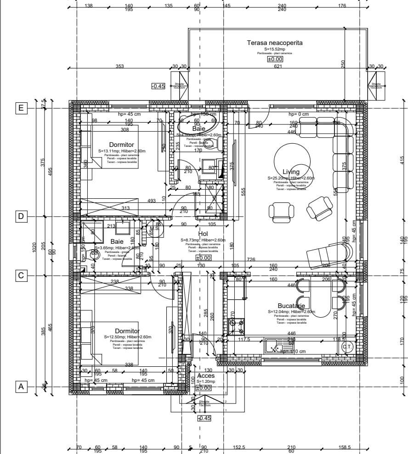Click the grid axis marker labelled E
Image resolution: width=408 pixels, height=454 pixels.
[21, 108]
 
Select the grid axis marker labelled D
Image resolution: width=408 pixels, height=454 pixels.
[21, 217]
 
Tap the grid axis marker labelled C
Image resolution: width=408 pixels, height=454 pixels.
[21, 275]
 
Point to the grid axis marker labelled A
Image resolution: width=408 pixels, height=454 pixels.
[21, 387]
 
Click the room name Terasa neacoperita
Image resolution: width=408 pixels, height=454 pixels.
[275, 43]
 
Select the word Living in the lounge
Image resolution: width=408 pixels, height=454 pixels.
[291, 172]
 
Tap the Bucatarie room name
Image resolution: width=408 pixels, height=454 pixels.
[291, 306]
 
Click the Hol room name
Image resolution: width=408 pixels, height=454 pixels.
[203, 233]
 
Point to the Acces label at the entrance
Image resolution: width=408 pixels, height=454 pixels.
[205, 376]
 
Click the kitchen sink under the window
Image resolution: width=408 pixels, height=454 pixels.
[276, 345]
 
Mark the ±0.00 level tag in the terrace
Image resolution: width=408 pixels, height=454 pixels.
[275, 59]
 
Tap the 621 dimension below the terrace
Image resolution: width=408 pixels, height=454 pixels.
[278, 67]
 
